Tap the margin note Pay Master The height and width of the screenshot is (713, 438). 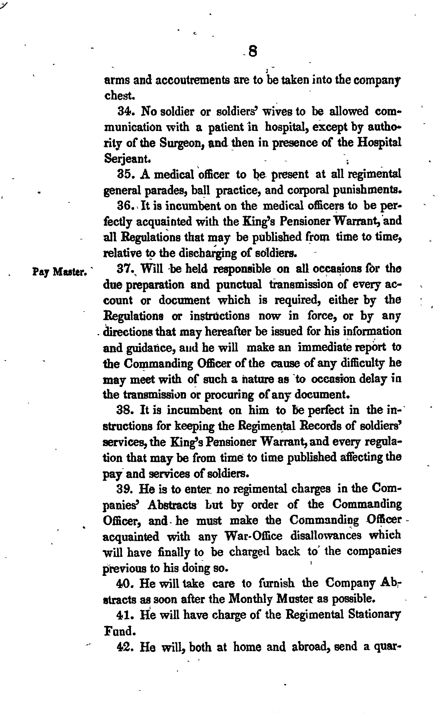tap(60, 272)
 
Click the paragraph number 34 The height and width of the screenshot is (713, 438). tap(125, 111)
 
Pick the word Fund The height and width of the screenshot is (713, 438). tap(119, 631)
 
